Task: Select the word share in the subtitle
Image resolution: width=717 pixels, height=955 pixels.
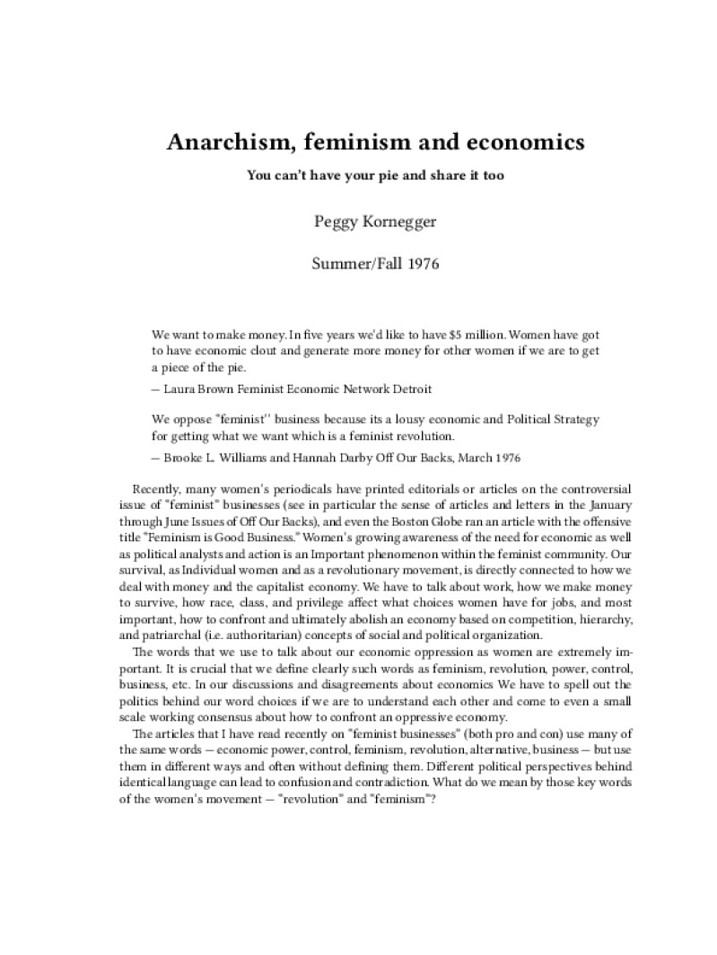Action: point(440,175)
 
